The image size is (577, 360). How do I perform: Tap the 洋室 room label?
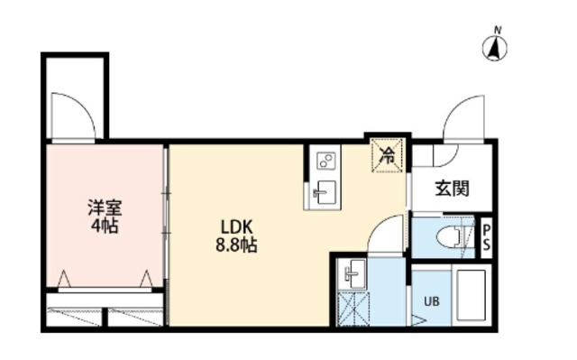105,208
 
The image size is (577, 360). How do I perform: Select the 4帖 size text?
105,226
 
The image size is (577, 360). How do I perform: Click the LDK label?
236,227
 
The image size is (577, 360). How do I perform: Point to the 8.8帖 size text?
236,245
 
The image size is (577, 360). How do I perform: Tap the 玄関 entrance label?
453,189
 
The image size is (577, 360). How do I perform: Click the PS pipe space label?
487,237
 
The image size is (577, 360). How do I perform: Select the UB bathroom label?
431,301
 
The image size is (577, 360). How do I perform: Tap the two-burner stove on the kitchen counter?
326,161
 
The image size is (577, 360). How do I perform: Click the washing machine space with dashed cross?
353,309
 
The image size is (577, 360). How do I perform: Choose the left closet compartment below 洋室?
74,318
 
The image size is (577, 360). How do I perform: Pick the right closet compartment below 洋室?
135,318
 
